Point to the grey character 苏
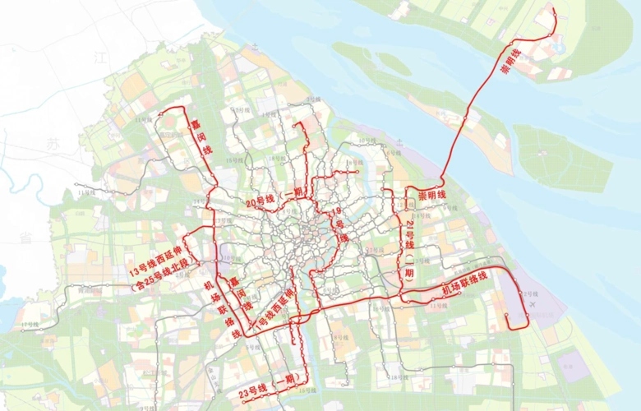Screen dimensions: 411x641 click(53, 145)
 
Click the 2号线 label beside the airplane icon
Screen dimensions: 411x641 click(529, 293)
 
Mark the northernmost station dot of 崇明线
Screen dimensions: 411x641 click(554, 10)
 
